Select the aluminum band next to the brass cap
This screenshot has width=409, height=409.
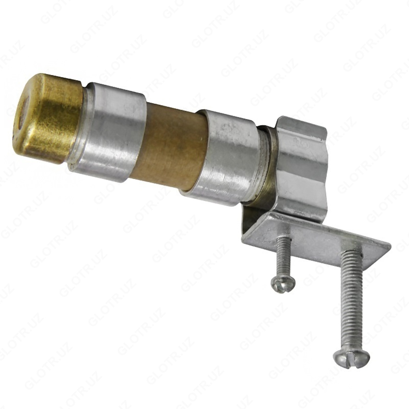108,132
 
